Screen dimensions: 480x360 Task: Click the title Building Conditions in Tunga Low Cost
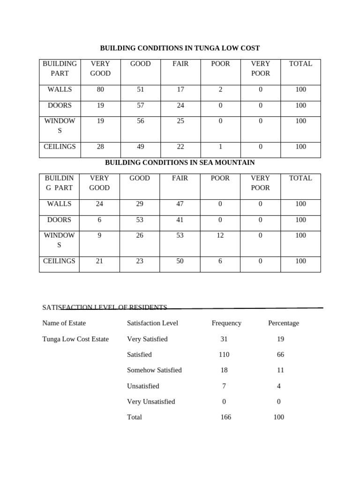[x=180, y=48]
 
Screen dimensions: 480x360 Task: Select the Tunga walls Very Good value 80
[x=100, y=90]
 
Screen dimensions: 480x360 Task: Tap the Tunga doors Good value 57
[x=141, y=105]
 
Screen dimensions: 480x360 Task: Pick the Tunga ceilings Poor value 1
[x=220, y=147]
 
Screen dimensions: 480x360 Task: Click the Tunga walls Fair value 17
[x=180, y=90]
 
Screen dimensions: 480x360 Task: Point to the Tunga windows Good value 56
[x=141, y=121]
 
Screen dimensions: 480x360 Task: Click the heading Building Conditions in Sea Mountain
[x=180, y=163]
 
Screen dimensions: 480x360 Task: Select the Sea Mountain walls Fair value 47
[x=180, y=204]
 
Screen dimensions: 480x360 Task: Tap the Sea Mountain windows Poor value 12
[x=220, y=235]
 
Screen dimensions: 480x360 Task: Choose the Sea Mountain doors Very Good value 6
[x=99, y=220]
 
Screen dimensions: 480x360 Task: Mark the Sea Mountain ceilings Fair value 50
[x=180, y=261]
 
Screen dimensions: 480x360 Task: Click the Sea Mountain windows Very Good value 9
[x=99, y=235]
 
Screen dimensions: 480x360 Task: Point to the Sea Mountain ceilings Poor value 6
[x=220, y=261]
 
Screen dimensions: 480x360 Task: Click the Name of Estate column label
[x=64, y=323]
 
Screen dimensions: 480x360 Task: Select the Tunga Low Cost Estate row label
[x=75, y=339]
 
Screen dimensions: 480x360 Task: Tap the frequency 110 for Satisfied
[x=224, y=354]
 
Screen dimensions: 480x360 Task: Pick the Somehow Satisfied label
[x=154, y=370]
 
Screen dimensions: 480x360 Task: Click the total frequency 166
[x=225, y=417]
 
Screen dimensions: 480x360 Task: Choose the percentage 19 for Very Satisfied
[x=280, y=339]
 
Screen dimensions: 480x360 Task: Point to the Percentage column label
[x=283, y=323]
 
